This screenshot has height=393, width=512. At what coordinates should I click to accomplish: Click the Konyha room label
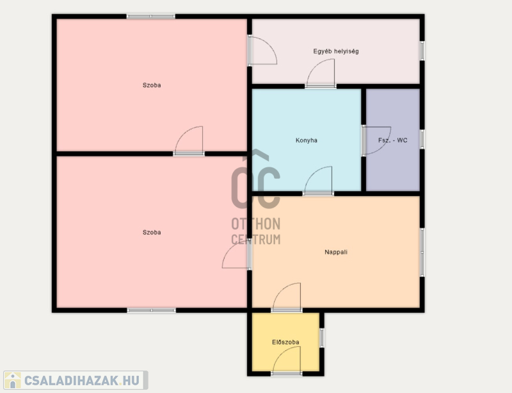pos(307,140)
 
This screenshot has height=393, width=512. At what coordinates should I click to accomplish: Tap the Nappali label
pos(336,252)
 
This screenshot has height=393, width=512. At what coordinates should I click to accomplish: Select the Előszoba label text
pos(285,342)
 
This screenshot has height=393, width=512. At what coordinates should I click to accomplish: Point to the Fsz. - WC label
pos(393,140)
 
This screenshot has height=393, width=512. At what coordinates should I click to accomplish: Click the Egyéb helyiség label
pos(336,51)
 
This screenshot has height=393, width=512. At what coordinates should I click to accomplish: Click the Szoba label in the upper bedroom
pos(152,85)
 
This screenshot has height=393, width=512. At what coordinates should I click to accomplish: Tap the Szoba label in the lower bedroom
pos(152,232)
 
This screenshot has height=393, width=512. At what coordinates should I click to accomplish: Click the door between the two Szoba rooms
pos(189,140)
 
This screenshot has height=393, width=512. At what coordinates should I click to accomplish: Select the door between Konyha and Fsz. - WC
pos(376,140)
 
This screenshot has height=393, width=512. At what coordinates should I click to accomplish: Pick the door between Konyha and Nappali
pos(318,181)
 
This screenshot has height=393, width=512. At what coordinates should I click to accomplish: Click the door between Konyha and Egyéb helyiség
pos(321,74)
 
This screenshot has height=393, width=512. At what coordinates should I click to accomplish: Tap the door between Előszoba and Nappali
pos(286,297)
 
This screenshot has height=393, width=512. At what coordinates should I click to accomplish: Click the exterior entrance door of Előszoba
pos(286,361)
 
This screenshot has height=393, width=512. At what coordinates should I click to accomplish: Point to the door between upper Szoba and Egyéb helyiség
pos(262,51)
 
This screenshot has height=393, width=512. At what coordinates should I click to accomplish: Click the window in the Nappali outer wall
pos(422,253)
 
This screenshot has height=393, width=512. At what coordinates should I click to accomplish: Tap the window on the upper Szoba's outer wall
pos(151,17)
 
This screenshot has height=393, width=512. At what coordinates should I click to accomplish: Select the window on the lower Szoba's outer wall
pos(152,310)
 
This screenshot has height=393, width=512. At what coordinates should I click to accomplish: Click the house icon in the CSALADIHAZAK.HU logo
pos(13,380)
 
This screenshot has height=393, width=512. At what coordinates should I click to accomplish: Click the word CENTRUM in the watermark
pos(255,240)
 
